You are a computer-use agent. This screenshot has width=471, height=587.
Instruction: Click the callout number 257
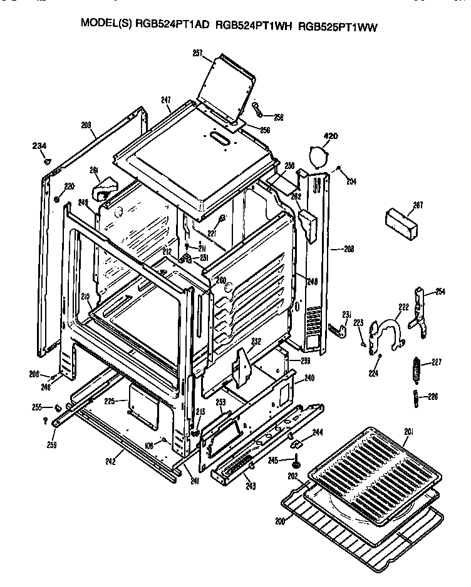click(197, 54)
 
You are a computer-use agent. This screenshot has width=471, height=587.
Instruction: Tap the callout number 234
click(39, 146)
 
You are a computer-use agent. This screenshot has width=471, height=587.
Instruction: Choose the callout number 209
click(86, 125)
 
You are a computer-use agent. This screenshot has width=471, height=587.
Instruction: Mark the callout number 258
click(278, 116)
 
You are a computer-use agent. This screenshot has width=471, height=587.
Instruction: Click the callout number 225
click(110, 401)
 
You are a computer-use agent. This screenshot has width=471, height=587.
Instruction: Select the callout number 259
click(51, 446)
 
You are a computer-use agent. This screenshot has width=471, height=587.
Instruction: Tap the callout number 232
click(256, 342)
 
